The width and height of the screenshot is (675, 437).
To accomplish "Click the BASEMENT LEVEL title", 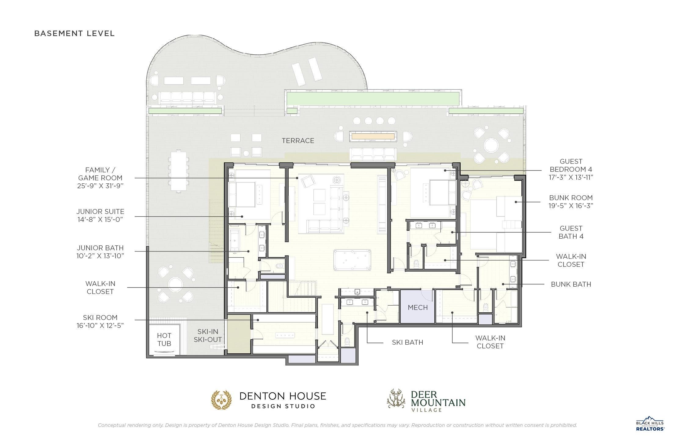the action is pyautogui.click(x=75, y=33).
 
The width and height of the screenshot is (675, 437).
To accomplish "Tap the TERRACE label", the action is pyautogui.click(x=298, y=141).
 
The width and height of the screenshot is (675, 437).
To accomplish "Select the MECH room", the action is pyautogui.click(x=418, y=307).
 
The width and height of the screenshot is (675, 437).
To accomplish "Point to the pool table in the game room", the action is pyautogui.click(x=352, y=260).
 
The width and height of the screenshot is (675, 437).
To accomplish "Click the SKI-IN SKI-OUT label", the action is pyautogui.click(x=208, y=335).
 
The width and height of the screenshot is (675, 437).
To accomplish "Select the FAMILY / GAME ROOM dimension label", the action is pyautogui.click(x=100, y=178).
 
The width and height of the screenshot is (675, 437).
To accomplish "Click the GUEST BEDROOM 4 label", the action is pyautogui.click(x=571, y=169).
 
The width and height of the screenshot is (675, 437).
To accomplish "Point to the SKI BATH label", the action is pyautogui.click(x=407, y=342).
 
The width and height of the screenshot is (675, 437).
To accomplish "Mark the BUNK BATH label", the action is pyautogui.click(x=571, y=284).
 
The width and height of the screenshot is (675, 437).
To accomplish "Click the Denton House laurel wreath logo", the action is pyautogui.click(x=222, y=399).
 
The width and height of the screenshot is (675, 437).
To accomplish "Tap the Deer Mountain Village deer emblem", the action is pyautogui.click(x=396, y=398).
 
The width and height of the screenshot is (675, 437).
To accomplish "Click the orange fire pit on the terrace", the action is pyautogui.click(x=373, y=136).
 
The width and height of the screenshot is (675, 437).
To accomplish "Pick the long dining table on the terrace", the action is pyautogui.click(x=178, y=171).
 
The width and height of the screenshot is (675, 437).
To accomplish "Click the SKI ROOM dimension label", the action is pyautogui.click(x=100, y=321).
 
